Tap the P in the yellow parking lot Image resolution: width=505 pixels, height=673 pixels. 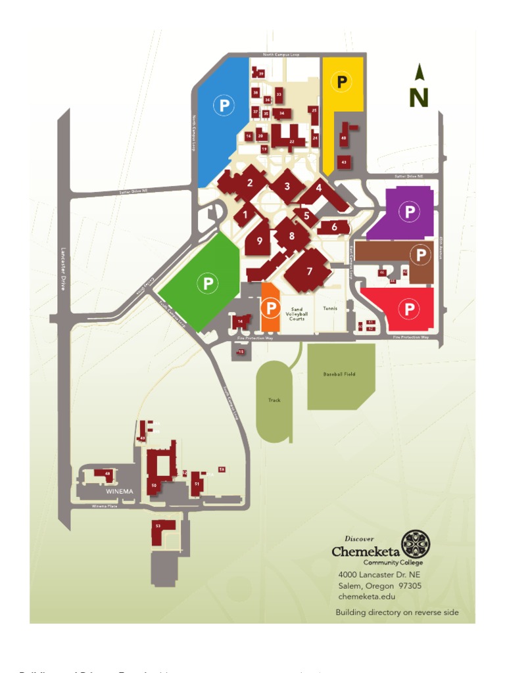(x=342, y=82)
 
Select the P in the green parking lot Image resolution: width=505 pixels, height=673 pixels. (x=208, y=283)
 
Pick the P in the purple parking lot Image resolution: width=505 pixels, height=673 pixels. (x=410, y=212)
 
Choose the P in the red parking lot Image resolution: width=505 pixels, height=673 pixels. (x=409, y=308)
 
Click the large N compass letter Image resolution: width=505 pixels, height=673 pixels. (x=419, y=97)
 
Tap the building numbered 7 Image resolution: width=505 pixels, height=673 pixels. (x=308, y=269)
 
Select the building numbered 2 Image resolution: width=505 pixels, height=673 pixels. (x=250, y=183)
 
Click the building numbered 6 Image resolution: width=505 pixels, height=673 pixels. (x=334, y=227)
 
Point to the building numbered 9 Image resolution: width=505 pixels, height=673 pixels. (x=260, y=241)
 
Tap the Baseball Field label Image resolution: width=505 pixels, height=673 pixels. (x=339, y=374)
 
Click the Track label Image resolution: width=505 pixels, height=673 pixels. (x=274, y=400)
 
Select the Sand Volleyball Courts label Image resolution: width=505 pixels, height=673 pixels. (x=297, y=314)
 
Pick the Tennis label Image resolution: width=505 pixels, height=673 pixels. (x=331, y=308)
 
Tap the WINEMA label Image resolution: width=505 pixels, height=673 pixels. (x=120, y=491)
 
